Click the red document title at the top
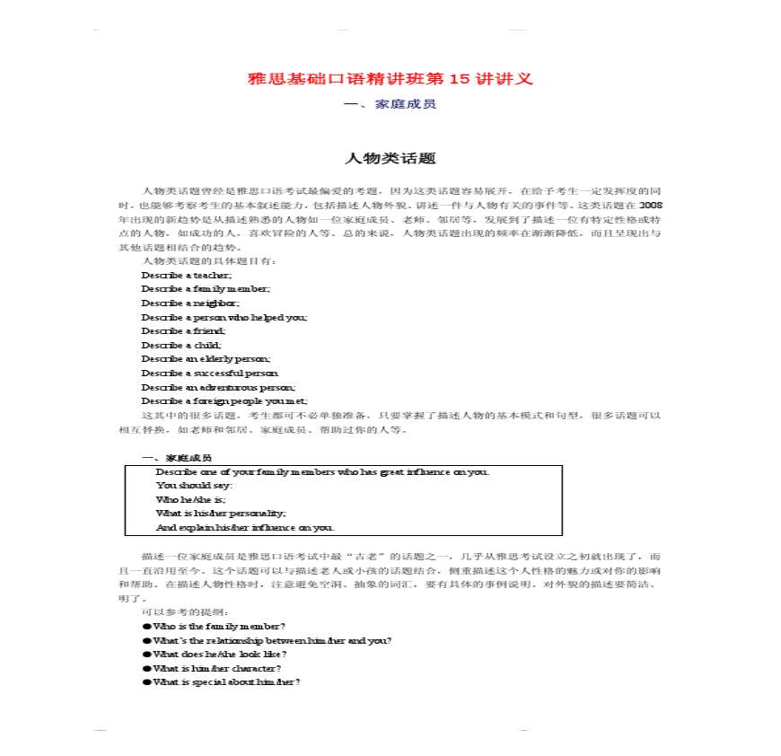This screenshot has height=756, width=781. pos(390,78)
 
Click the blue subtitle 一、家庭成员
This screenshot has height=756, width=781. pos(390,104)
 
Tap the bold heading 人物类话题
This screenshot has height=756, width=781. pos(390,159)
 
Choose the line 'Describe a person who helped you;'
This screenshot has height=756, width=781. pos(224,317)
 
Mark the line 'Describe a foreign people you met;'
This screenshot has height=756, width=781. pos(224,400)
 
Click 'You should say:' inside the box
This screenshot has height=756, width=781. pos(194,485)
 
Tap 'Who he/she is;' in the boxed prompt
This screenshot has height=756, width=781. pos(191,499)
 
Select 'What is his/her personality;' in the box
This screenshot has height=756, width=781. pos(221,513)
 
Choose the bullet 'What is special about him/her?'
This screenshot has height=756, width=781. pos(226,681)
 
